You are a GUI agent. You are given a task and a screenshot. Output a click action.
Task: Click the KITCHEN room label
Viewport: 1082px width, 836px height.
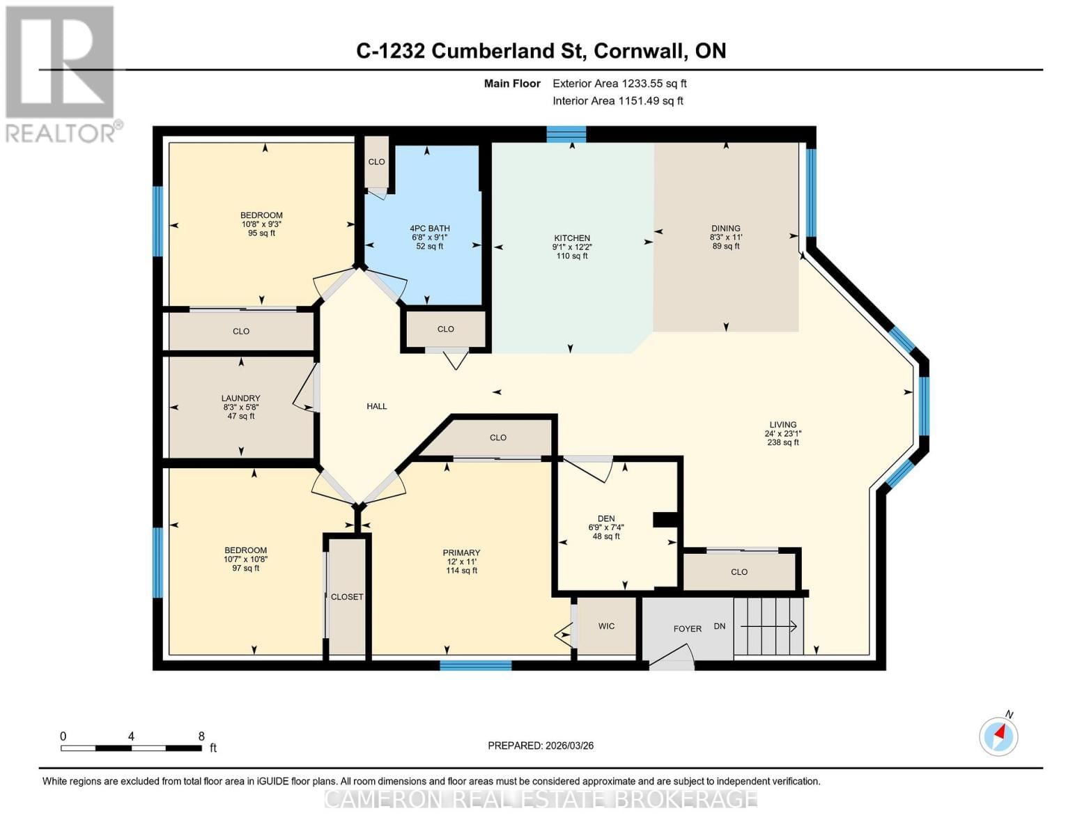pyautogui.click(x=572, y=238)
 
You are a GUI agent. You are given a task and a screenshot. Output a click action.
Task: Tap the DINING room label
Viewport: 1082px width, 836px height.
pyautogui.click(x=725, y=229)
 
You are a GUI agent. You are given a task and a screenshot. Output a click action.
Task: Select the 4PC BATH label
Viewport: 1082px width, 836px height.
pyautogui.click(x=429, y=229)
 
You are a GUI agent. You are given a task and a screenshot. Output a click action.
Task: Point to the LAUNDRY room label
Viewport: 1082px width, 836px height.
pyautogui.click(x=240, y=398)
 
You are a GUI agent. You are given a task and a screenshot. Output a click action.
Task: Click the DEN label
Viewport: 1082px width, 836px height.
pyautogui.click(x=606, y=518)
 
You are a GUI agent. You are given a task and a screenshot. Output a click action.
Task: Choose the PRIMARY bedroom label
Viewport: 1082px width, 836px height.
pyautogui.click(x=461, y=552)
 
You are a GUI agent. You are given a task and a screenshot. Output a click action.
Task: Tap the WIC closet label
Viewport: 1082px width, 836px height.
pyautogui.click(x=606, y=626)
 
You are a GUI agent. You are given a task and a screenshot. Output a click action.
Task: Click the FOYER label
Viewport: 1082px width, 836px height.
pyautogui.click(x=687, y=628)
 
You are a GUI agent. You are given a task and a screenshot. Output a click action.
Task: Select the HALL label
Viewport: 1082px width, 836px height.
pyautogui.click(x=377, y=406)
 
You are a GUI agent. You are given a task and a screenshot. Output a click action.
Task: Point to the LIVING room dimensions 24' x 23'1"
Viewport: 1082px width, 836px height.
pyautogui.click(x=782, y=433)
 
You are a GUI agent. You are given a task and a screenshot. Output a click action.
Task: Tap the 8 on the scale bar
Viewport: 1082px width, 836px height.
pyautogui.click(x=201, y=736)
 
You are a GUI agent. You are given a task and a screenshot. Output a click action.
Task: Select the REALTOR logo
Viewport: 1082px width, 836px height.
pyautogui.click(x=61, y=73)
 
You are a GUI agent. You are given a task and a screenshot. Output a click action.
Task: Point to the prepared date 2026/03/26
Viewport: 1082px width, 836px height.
pyautogui.click(x=567, y=745)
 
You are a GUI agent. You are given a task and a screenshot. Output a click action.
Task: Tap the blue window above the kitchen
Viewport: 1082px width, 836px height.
pyautogui.click(x=566, y=134)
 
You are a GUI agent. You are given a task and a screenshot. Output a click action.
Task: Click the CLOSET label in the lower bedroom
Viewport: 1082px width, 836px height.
pyautogui.click(x=347, y=597)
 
